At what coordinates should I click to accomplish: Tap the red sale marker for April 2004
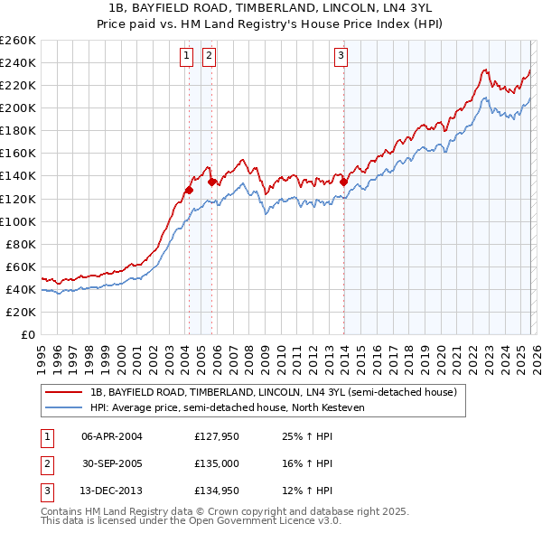(x=189, y=190)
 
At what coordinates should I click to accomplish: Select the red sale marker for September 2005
(x=212, y=182)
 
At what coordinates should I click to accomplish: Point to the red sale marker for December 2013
(x=344, y=182)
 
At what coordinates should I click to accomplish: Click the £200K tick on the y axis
(x=17, y=108)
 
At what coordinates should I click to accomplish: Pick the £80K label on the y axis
(x=20, y=244)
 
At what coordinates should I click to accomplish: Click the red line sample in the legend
(x=64, y=392)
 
